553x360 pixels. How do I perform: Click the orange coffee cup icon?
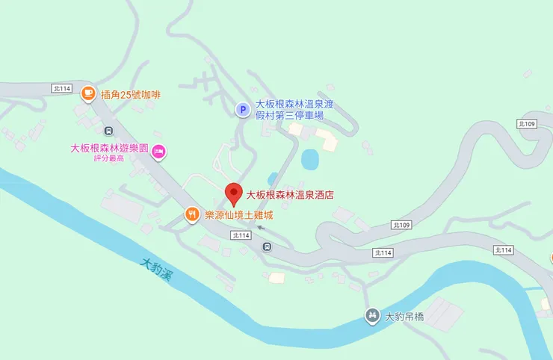[88, 93]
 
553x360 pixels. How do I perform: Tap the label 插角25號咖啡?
[130, 94]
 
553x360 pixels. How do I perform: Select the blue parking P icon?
[242, 111]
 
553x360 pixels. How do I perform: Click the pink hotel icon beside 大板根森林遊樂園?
[158, 152]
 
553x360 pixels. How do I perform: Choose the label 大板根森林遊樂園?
[109, 148]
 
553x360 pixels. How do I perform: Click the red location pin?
[233, 193]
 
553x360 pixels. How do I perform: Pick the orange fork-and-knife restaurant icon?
[192, 215]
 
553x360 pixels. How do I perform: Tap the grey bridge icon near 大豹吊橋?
[371, 316]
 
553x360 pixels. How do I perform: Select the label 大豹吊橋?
[404, 317]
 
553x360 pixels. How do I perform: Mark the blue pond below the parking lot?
[309, 159]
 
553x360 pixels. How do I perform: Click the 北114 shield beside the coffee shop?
[62, 88]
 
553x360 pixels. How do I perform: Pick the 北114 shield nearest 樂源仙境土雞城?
[241, 235]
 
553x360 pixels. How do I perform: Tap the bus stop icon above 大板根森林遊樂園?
[98, 131]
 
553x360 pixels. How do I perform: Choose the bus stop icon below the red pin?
[266, 247]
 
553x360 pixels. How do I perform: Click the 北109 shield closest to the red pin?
[401, 225]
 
